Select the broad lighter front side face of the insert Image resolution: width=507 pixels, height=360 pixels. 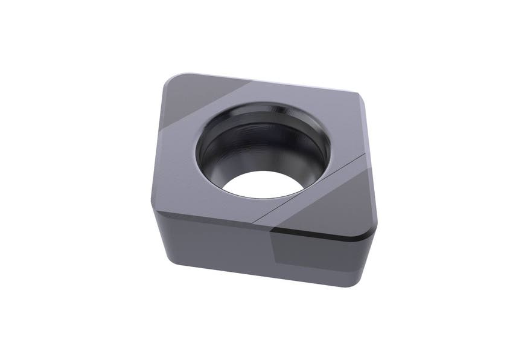[x=211, y=242]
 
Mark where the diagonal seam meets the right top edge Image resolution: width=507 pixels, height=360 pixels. [x=365, y=154]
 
